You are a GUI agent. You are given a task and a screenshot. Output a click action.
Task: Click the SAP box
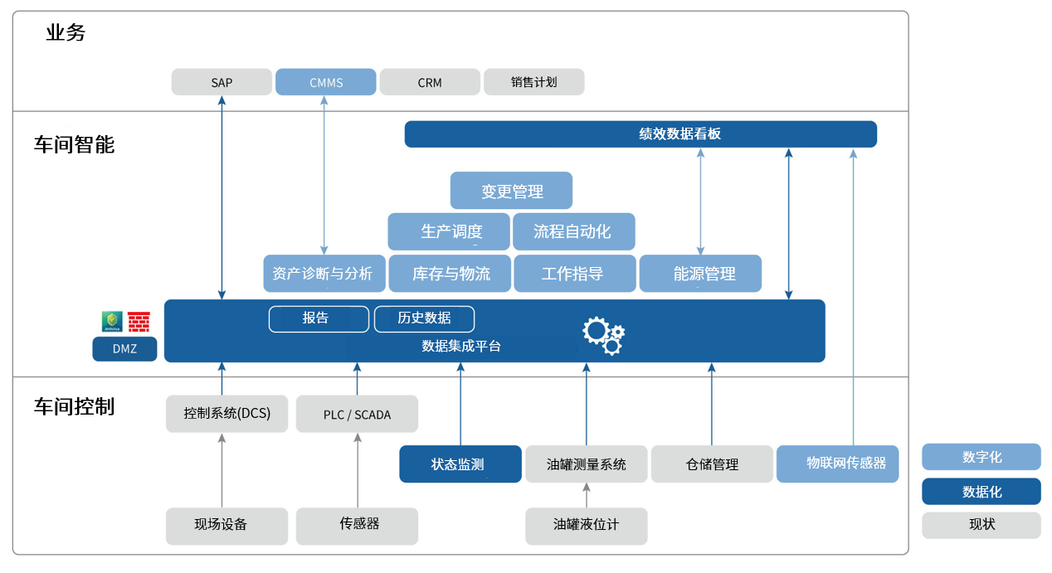[x=222, y=82]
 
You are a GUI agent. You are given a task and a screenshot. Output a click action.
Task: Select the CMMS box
[x=325, y=82]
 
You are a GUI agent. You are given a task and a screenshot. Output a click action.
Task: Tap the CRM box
[x=430, y=82]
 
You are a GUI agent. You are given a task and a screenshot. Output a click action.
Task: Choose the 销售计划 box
[x=533, y=82]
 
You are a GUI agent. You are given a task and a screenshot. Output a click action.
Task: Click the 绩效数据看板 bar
[x=640, y=134]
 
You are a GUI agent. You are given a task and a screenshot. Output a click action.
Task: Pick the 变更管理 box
[x=511, y=191]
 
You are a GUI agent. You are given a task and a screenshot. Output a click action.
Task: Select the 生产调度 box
[x=449, y=231]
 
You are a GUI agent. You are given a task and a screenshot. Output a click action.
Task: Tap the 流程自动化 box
[x=573, y=231]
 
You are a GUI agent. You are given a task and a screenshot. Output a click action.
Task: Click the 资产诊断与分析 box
[x=324, y=274]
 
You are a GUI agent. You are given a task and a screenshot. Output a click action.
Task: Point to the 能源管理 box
[x=700, y=274]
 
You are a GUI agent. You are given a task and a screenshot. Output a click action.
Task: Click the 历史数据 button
[x=424, y=318]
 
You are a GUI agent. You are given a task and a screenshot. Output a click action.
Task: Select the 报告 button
[x=319, y=318]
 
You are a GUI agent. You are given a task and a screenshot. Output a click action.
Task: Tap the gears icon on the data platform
[x=603, y=334]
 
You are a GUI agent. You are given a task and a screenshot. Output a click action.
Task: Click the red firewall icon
[x=139, y=322]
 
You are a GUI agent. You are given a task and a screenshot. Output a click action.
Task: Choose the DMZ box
[x=124, y=349]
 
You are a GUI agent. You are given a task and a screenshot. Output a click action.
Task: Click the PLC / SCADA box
[x=357, y=414]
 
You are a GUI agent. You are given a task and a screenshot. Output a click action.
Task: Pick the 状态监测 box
[x=460, y=464]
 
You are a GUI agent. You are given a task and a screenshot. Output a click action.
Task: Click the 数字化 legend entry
[x=981, y=457]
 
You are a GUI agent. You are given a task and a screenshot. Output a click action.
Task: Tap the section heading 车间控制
[x=74, y=406]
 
